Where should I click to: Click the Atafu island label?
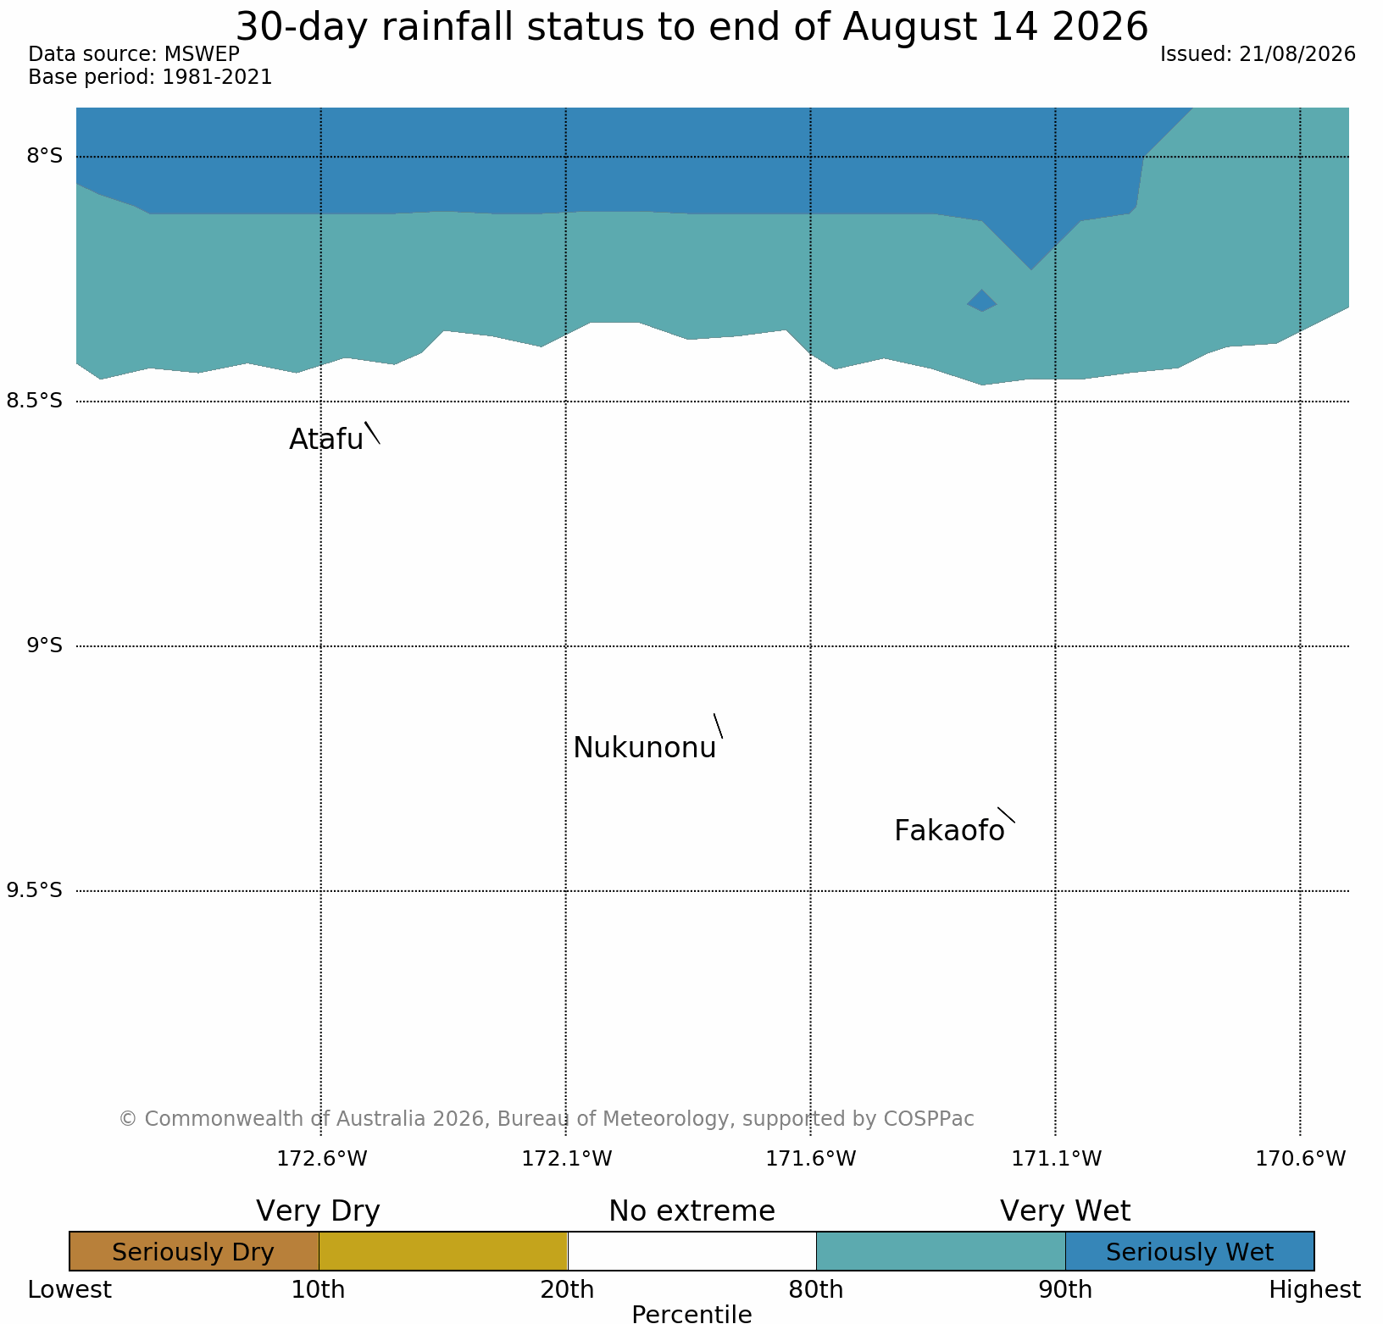[326, 439]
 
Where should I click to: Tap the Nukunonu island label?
[645, 748]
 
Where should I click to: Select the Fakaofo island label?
[949, 831]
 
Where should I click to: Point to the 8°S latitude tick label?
[45, 156]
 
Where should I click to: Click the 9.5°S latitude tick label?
[35, 890]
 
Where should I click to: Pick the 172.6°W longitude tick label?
[322, 1158]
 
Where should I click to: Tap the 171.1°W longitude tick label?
[1057, 1158]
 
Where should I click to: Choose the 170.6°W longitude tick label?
[1301, 1158]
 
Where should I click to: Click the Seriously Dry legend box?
[194, 1251]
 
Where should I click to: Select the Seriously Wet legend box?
[1190, 1251]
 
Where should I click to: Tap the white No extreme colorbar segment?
[691, 1251]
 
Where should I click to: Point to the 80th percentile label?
[816, 1290]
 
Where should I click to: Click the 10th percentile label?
[318, 1290]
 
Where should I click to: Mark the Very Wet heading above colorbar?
[1065, 1211]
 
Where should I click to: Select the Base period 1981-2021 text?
[150, 77]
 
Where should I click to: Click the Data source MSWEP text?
[134, 54]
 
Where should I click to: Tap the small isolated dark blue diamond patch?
[982, 301]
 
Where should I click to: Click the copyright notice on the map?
[547, 1119]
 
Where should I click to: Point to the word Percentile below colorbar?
[691, 1314]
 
